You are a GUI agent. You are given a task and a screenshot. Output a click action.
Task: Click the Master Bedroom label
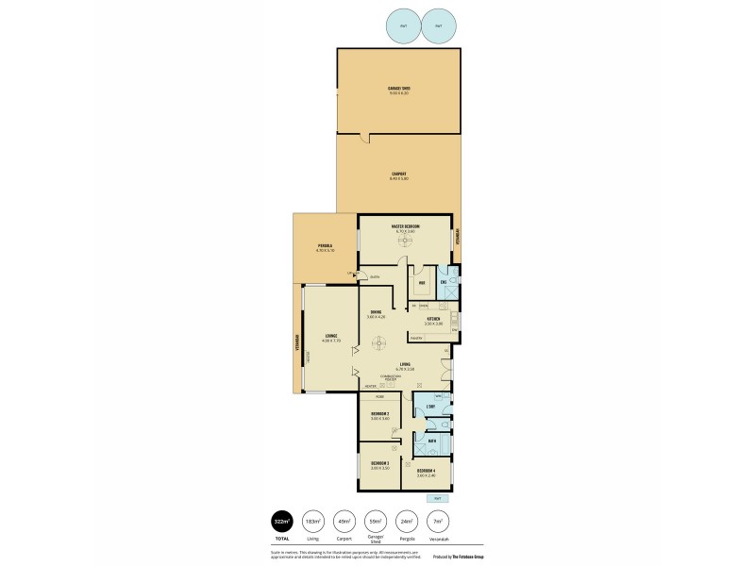[406, 227]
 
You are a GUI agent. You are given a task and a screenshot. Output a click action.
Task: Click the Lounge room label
[330, 336]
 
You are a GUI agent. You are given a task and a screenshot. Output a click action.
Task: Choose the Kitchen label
[434, 320]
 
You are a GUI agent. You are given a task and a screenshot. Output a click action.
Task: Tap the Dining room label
[376, 313]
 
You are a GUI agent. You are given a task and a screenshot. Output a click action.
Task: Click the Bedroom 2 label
[380, 414]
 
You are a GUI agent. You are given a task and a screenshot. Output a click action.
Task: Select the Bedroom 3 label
[380, 464]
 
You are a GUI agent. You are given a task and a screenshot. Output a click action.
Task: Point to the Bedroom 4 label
[427, 471]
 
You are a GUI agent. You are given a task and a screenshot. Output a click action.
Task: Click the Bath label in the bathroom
[432, 441]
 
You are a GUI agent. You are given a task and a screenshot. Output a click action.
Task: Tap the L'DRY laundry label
[429, 407]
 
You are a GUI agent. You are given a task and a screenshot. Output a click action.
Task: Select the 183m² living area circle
[311, 521]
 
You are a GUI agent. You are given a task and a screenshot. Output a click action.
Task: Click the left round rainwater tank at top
[404, 26]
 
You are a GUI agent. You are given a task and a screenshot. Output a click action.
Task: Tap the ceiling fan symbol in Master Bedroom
[405, 241]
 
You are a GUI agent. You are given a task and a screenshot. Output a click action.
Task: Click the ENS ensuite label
[444, 281]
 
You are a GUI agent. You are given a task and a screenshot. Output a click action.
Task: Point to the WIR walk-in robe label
[422, 281]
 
